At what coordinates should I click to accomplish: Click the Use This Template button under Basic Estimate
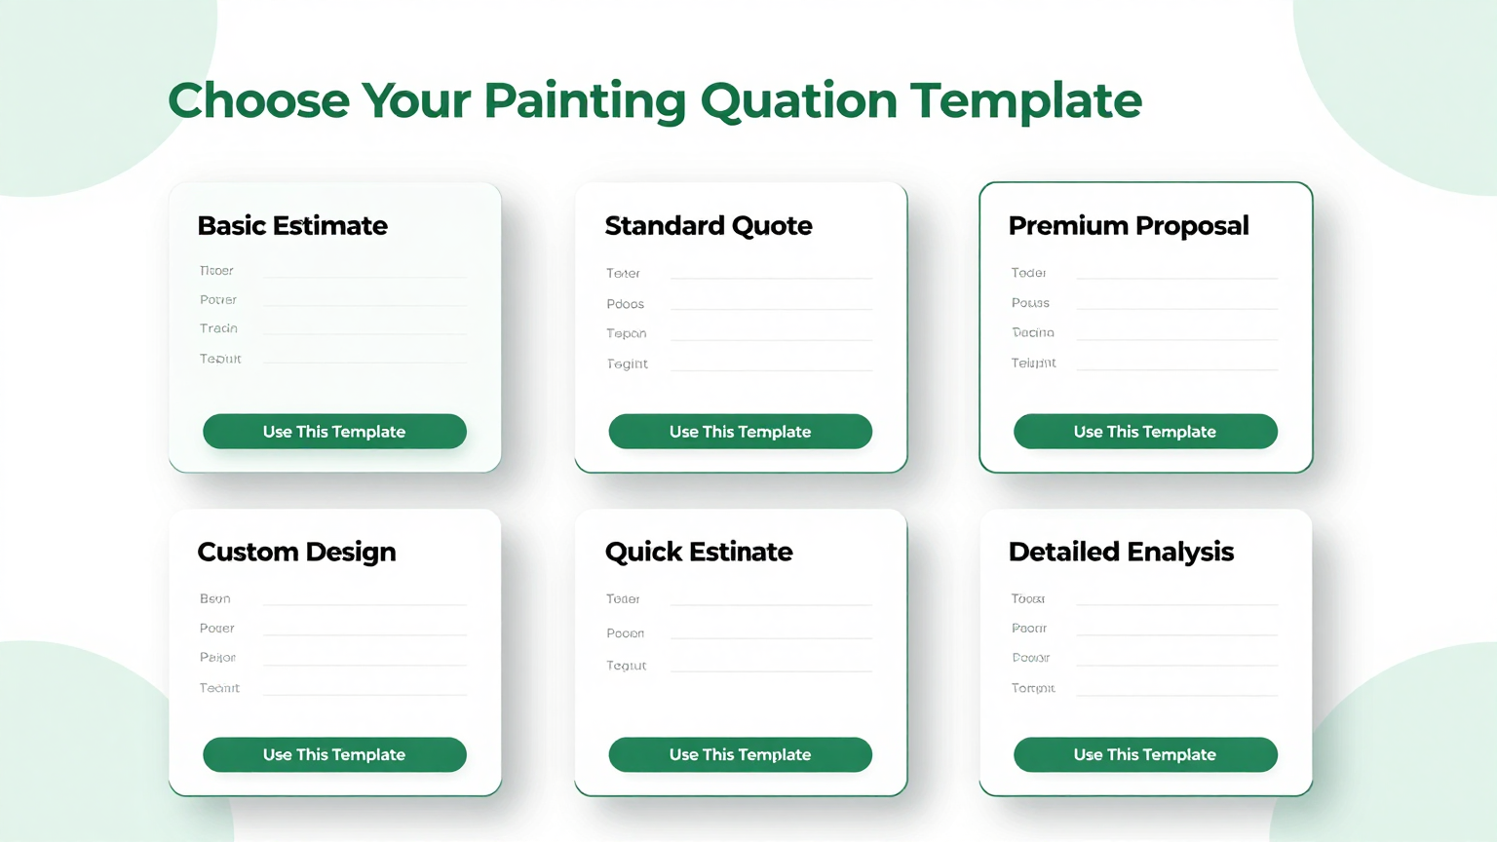(x=334, y=432)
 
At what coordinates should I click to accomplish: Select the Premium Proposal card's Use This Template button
(x=1145, y=432)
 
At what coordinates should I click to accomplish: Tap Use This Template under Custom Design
(x=334, y=754)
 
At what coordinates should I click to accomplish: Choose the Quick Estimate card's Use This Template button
(x=740, y=754)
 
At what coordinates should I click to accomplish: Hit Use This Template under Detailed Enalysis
(x=1145, y=754)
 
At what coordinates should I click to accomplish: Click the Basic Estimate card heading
(x=292, y=226)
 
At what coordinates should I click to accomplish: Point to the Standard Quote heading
(x=709, y=226)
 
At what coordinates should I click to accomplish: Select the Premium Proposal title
(x=1129, y=226)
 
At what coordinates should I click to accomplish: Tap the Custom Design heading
(x=296, y=553)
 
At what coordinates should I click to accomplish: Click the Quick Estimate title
(x=699, y=553)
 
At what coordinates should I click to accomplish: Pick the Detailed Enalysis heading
(x=1121, y=553)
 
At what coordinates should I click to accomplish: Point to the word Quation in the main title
(x=799, y=101)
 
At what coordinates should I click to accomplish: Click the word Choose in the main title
(x=258, y=101)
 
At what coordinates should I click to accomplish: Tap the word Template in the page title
(x=1026, y=101)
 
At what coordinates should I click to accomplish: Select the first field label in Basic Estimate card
(x=216, y=271)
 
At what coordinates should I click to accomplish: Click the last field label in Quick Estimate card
(x=627, y=666)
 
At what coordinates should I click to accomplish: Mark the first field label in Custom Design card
(x=215, y=598)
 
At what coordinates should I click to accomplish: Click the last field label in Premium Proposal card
(x=1033, y=363)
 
